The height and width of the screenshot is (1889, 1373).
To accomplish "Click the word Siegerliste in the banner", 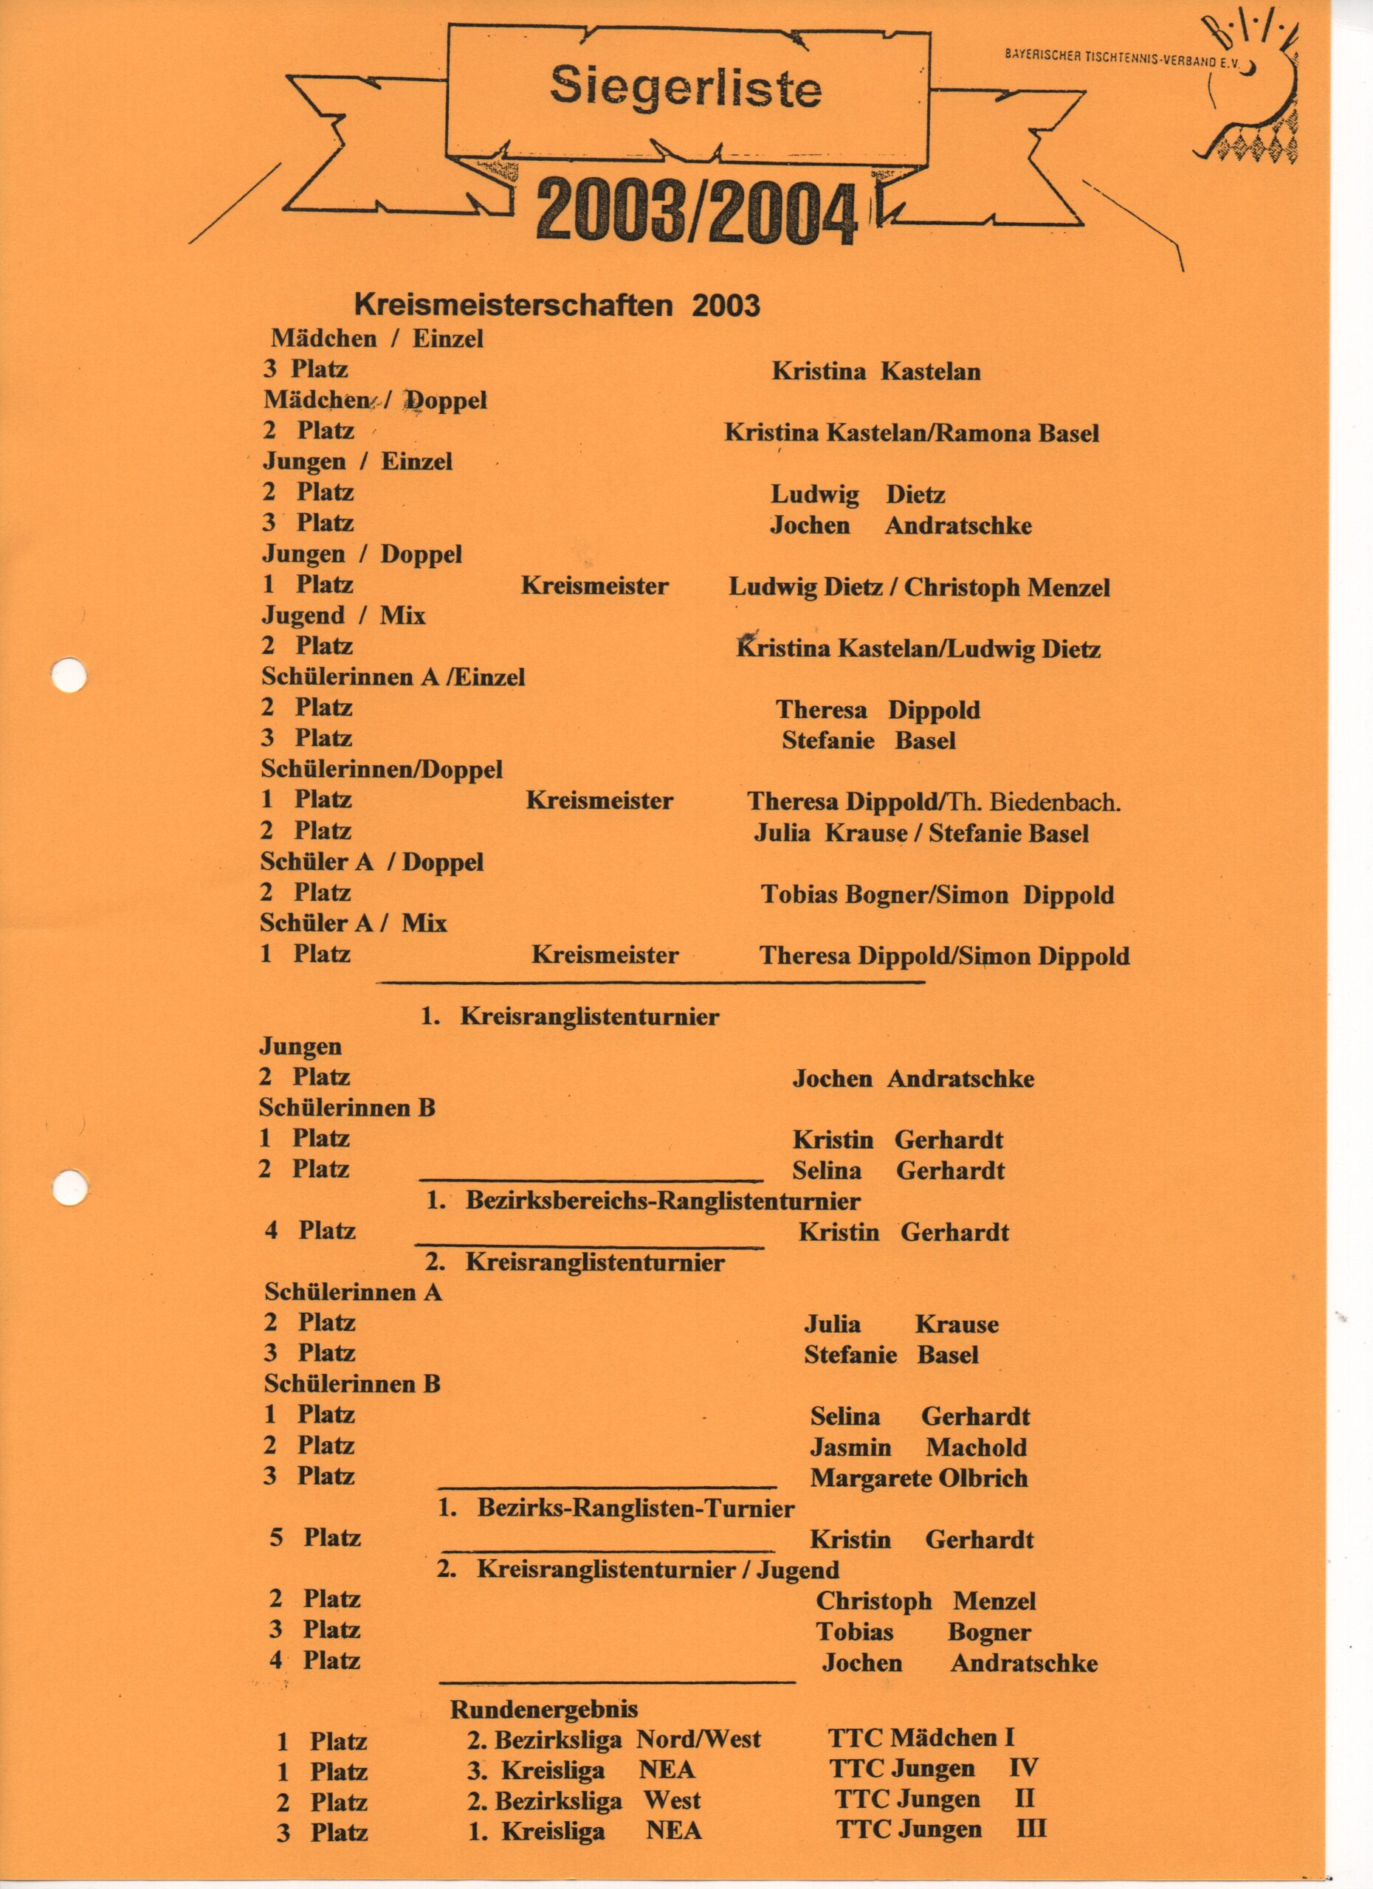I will pyautogui.click(x=685, y=89).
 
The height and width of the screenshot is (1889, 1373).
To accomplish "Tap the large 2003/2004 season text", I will pyautogui.click(x=697, y=213).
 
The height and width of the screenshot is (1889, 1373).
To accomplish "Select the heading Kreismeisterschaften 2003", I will pyautogui.click(x=557, y=305).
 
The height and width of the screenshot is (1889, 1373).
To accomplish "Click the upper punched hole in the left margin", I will pyautogui.click(x=69, y=674).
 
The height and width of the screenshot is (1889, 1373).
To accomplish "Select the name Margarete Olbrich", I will pyautogui.click(x=918, y=1479).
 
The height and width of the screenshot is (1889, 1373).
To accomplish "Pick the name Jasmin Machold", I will pyautogui.click(x=918, y=1448).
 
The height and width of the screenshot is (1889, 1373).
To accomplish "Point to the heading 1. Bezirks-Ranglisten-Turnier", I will pyautogui.click(x=616, y=1508).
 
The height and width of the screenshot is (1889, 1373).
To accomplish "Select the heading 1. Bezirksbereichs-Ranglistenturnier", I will pyautogui.click(x=642, y=1201).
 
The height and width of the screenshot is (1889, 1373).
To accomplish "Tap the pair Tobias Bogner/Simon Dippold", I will pyautogui.click(x=937, y=895).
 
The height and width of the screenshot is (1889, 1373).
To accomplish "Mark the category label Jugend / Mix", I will pyautogui.click(x=343, y=615).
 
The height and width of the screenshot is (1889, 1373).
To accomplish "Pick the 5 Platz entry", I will pyautogui.click(x=315, y=1538).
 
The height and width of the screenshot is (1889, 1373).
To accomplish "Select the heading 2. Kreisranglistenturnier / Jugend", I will pyautogui.click(x=637, y=1570).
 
